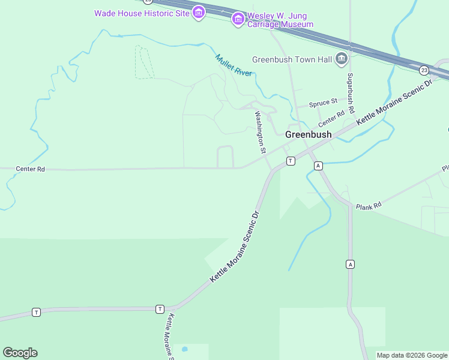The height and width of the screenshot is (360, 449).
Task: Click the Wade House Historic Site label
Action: (x=142, y=13)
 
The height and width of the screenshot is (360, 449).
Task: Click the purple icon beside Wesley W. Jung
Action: (x=238, y=19)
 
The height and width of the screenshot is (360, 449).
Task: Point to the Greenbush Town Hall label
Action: (x=292, y=59)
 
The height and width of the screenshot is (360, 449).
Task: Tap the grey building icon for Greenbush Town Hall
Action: (x=342, y=58)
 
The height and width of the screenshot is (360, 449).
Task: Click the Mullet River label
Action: (x=234, y=65)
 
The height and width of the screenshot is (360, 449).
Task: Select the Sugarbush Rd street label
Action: (x=351, y=94)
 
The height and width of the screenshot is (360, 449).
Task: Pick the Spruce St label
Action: (x=323, y=104)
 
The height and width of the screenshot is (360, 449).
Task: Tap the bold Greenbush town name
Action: (x=308, y=134)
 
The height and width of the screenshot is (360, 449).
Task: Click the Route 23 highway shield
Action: (x=424, y=70)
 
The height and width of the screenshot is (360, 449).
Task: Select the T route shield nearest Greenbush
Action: (x=291, y=161)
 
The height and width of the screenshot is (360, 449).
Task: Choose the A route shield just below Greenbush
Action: (x=318, y=166)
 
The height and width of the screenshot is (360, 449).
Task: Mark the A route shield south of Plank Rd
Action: (x=350, y=264)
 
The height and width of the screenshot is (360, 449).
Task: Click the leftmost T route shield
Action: (x=37, y=312)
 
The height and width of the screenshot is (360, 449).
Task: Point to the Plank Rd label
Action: (x=369, y=206)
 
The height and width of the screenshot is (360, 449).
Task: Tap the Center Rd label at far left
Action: (x=30, y=169)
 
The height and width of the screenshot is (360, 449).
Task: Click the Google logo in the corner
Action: (x=20, y=353)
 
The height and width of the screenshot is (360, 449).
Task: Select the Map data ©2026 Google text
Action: (x=412, y=355)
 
